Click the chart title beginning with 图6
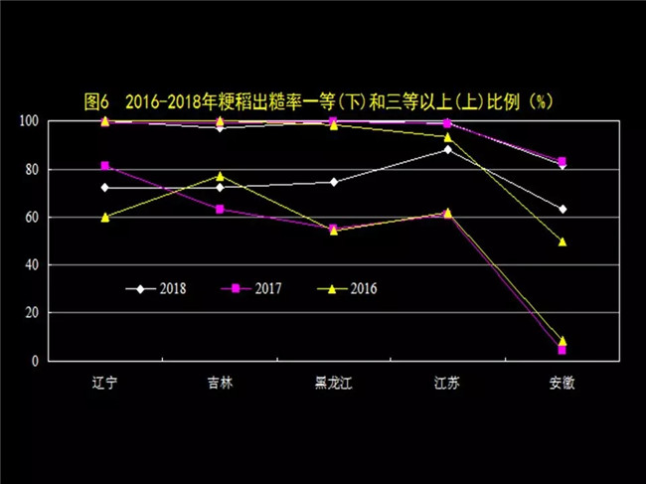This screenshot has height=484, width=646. tap(318, 101)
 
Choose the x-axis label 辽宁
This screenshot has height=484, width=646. tap(104, 383)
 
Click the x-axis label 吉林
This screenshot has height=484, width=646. tap(220, 383)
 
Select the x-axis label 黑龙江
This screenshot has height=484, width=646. tap(334, 383)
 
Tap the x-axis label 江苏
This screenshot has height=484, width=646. tap(447, 383)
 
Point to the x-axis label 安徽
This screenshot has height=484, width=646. tap(563, 383)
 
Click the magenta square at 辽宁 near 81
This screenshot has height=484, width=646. tap(104, 165)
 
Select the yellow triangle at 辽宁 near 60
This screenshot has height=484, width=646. tap(104, 216)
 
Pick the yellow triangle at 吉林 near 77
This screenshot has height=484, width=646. tap(220, 176)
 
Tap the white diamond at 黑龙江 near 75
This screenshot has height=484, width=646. tap(334, 182)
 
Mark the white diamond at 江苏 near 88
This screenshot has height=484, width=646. tap(447, 149)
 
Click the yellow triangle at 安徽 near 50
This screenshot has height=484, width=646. tap(563, 241)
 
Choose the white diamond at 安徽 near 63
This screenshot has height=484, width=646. tap(563, 209)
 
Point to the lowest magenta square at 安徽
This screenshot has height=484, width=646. tap(563, 350)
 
